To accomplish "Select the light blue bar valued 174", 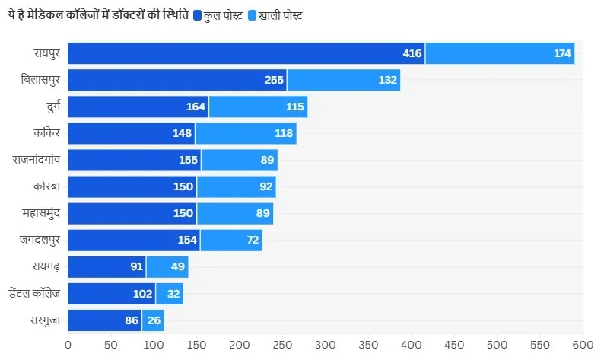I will tap(500, 53).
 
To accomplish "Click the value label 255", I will tap(274, 80).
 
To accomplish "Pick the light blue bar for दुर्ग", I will tap(258, 107).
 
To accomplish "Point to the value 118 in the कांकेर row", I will tap(284, 133).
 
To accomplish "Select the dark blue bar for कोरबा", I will tap(132, 186).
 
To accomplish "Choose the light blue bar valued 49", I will tap(167, 266).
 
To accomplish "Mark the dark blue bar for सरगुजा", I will tap(104, 320).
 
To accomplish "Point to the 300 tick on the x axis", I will tap(326, 344).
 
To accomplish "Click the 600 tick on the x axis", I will tap(583, 344).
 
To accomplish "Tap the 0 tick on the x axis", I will tap(68, 344).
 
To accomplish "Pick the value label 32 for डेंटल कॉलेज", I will tap(173, 293).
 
